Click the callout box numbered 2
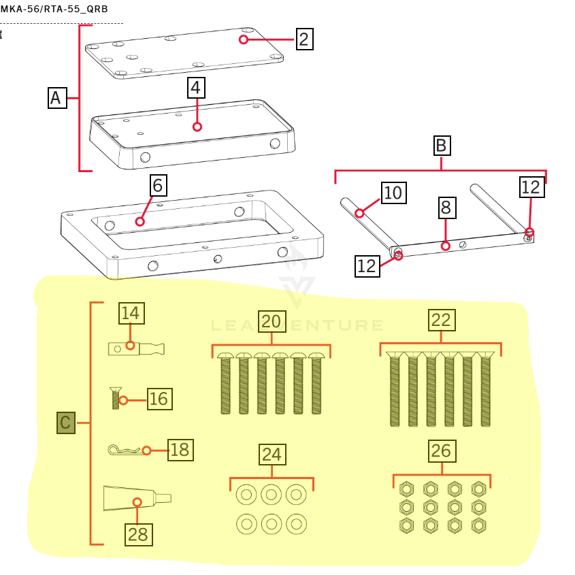(304, 39)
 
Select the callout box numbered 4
(196, 88)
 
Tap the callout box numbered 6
(158, 186)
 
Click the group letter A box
(57, 98)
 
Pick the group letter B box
(441, 146)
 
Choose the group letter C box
(66, 423)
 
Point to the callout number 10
(393, 193)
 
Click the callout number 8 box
(445, 207)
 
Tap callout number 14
(131, 313)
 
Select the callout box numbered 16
(159, 399)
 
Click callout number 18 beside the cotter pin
(180, 450)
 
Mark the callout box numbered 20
(272, 321)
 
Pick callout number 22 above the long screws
(441, 320)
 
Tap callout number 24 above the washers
(272, 454)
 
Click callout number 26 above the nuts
(441, 450)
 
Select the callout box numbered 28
(137, 534)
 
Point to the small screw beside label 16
(116, 398)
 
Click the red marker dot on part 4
(197, 127)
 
